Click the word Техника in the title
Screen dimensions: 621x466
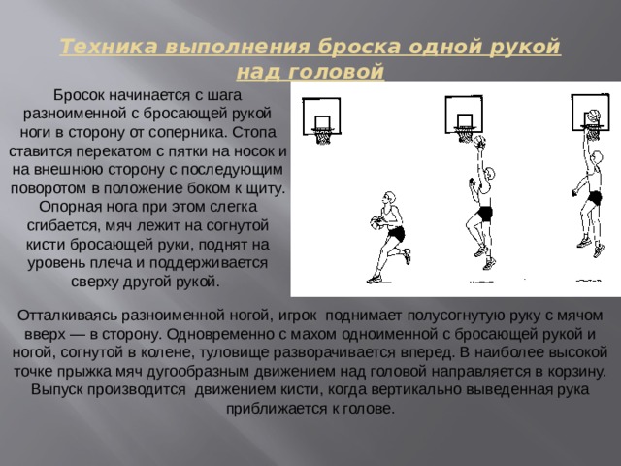click(x=109, y=47)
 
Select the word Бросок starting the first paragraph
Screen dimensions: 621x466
click(x=80, y=95)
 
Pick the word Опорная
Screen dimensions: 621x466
click(x=67, y=207)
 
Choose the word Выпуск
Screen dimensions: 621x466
click(x=57, y=390)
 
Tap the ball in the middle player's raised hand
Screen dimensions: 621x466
click(x=479, y=142)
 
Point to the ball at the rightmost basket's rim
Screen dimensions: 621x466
click(x=593, y=116)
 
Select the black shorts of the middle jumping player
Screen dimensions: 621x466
click(x=484, y=214)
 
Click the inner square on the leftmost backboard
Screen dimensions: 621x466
click(x=323, y=122)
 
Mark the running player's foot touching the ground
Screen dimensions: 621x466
click(x=375, y=280)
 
